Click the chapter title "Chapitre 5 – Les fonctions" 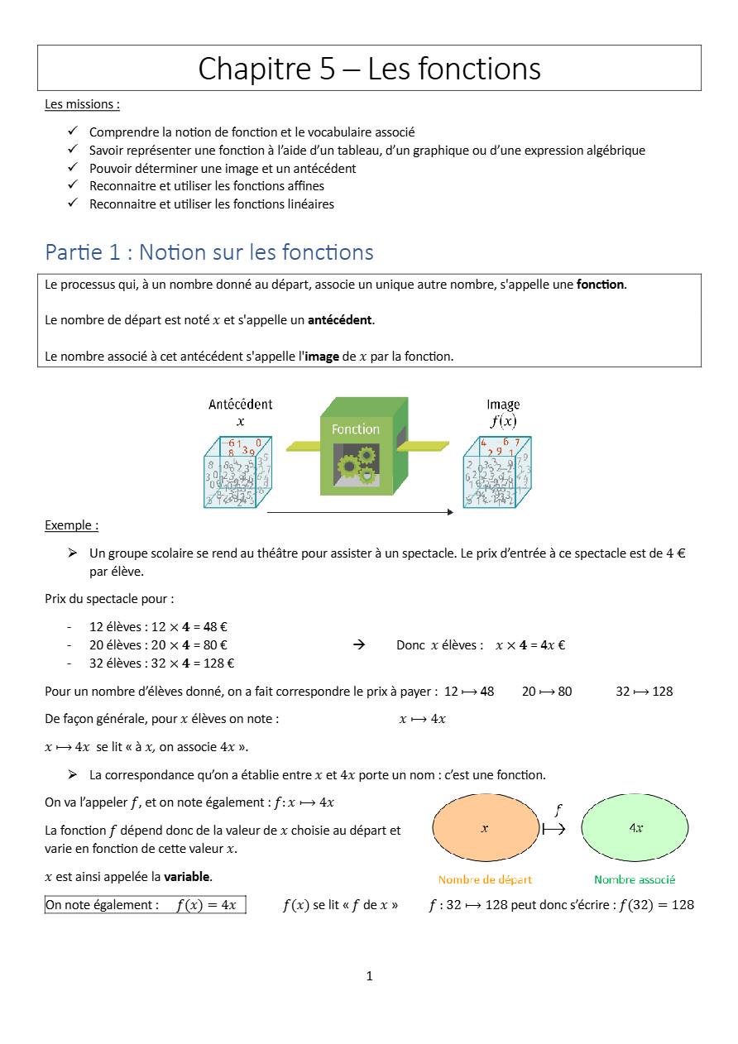pos(369,68)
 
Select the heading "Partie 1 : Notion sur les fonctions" pos(209,251)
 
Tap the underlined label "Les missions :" pos(82,104)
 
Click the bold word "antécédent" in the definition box pos(340,320)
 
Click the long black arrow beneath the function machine pos(360,512)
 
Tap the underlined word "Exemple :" pos(71,525)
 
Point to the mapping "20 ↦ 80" pos(547,691)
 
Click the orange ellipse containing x pos(485,828)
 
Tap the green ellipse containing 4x pos(635,828)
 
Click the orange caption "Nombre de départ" pos(485,879)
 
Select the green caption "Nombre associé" pos(635,879)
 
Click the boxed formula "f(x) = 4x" pos(206,905)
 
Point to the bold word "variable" pos(187,876)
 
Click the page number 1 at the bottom pos(369,976)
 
